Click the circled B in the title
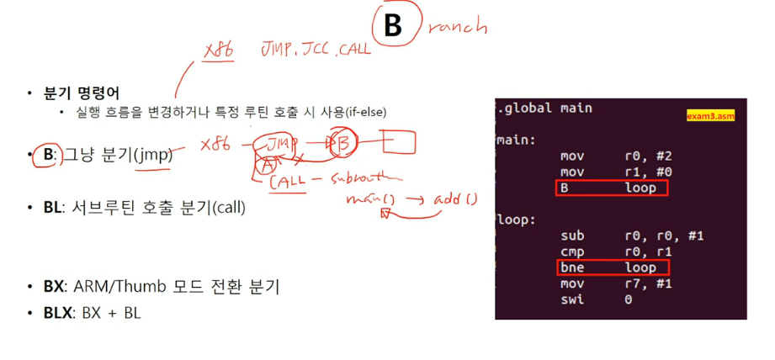393,25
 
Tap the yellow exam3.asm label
710,116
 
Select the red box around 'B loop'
612,188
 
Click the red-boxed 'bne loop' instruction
612,268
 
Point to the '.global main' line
545,108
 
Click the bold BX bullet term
54,287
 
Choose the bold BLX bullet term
58,313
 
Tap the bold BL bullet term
53,207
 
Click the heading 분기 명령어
82,93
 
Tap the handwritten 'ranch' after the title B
457,27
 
